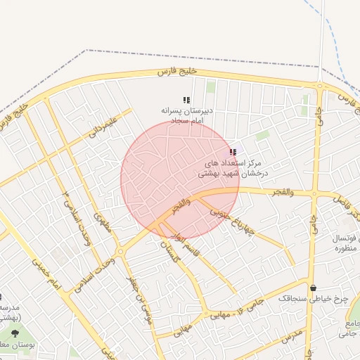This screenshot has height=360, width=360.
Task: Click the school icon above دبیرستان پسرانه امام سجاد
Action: (186, 101)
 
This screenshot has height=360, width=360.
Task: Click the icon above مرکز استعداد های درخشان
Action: (233, 152)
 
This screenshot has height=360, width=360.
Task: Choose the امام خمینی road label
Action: (46, 274)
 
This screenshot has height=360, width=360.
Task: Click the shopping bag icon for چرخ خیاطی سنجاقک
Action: (313, 288)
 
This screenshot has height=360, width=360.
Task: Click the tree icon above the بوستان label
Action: (15, 333)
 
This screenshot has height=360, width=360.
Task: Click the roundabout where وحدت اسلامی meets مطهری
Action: (122, 250)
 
